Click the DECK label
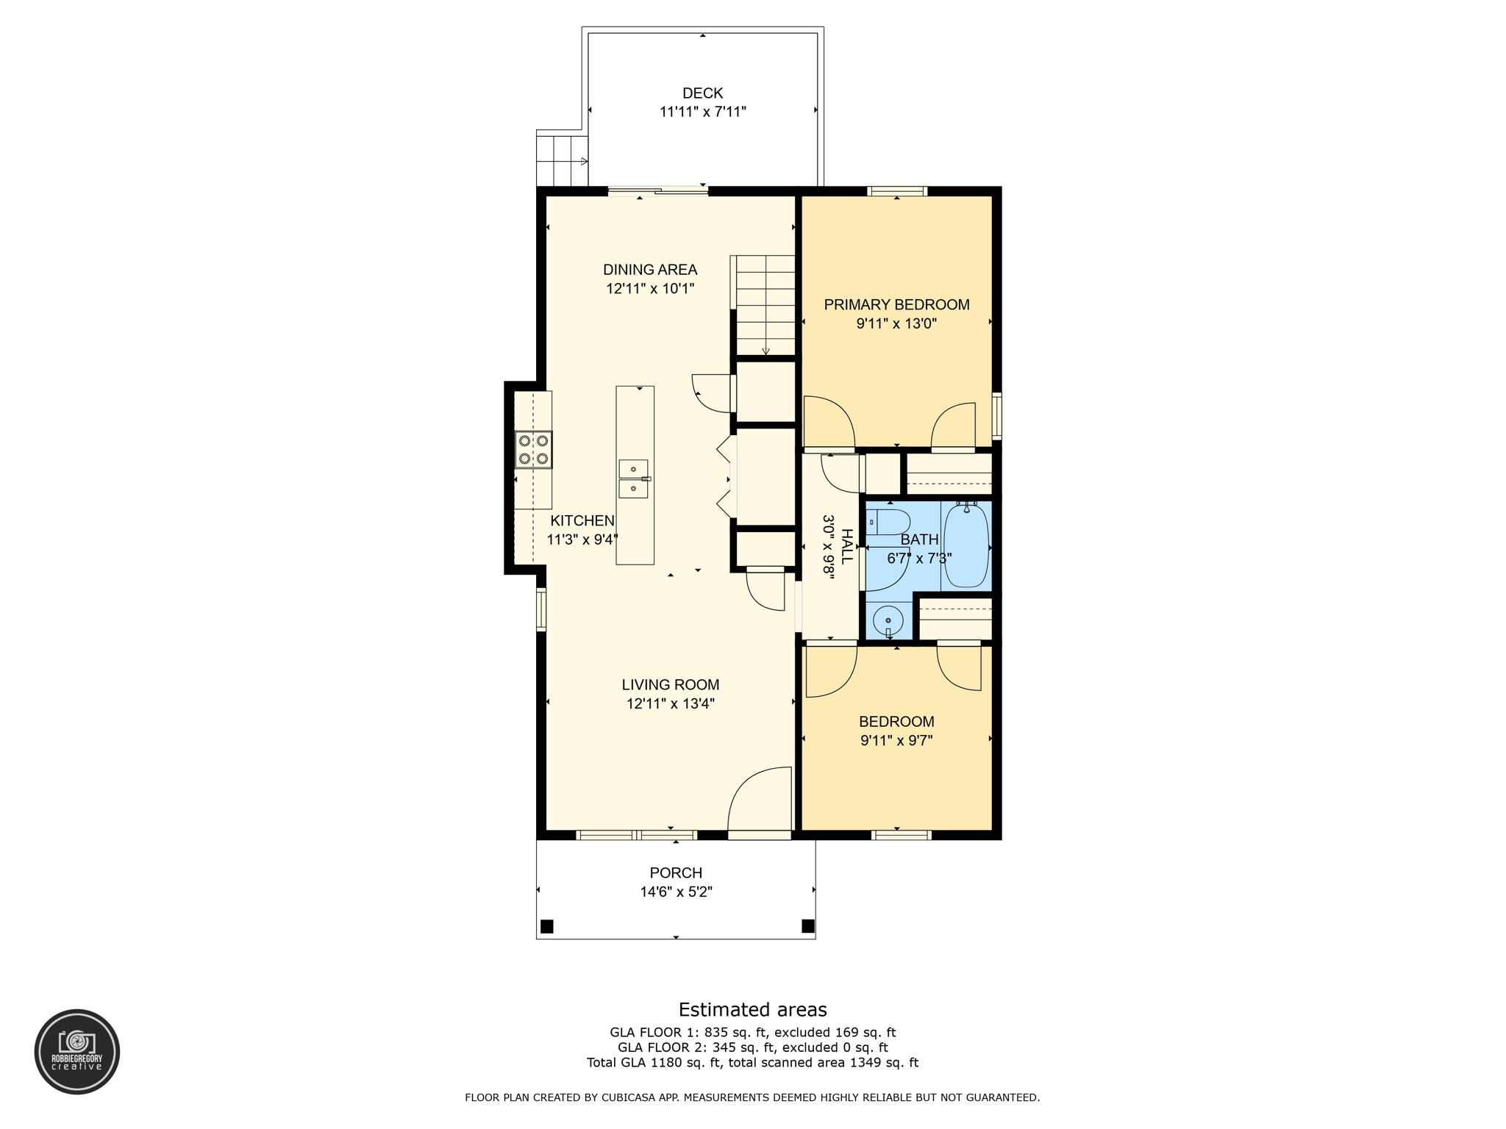pyautogui.click(x=702, y=93)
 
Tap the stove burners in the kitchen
pyautogui.click(x=533, y=450)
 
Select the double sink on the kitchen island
pyautogui.click(x=633, y=479)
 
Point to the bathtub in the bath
pyautogui.click(x=966, y=545)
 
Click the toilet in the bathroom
pyautogui.click(x=889, y=523)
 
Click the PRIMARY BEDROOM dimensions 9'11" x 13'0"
pyautogui.click(x=896, y=323)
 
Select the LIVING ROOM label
pyautogui.click(x=670, y=685)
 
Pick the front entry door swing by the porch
pyautogui.click(x=760, y=800)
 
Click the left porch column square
pyautogui.click(x=546, y=926)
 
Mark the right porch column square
pyautogui.click(x=807, y=925)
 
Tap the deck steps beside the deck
pyautogui.click(x=561, y=161)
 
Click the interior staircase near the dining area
pyautogui.click(x=766, y=305)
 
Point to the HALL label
pyautogui.click(x=846, y=546)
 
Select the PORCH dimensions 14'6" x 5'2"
pyautogui.click(x=676, y=892)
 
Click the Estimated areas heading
pyautogui.click(x=752, y=1009)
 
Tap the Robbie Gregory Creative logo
pyautogui.click(x=77, y=1051)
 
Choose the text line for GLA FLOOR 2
pyautogui.click(x=752, y=1047)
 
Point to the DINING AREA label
pyautogui.click(x=650, y=270)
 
